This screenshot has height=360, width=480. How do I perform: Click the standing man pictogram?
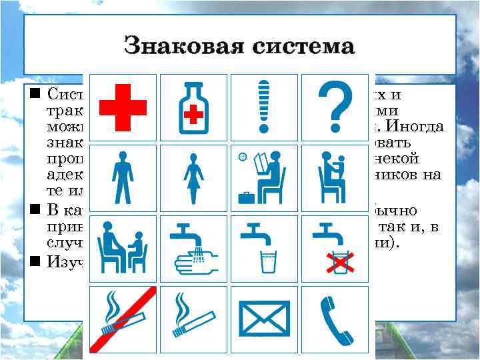[122, 176]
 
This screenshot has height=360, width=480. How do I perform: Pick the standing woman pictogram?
[193, 176]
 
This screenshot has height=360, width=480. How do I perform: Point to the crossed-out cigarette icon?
[122, 319]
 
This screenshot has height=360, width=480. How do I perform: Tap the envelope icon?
[265, 319]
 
